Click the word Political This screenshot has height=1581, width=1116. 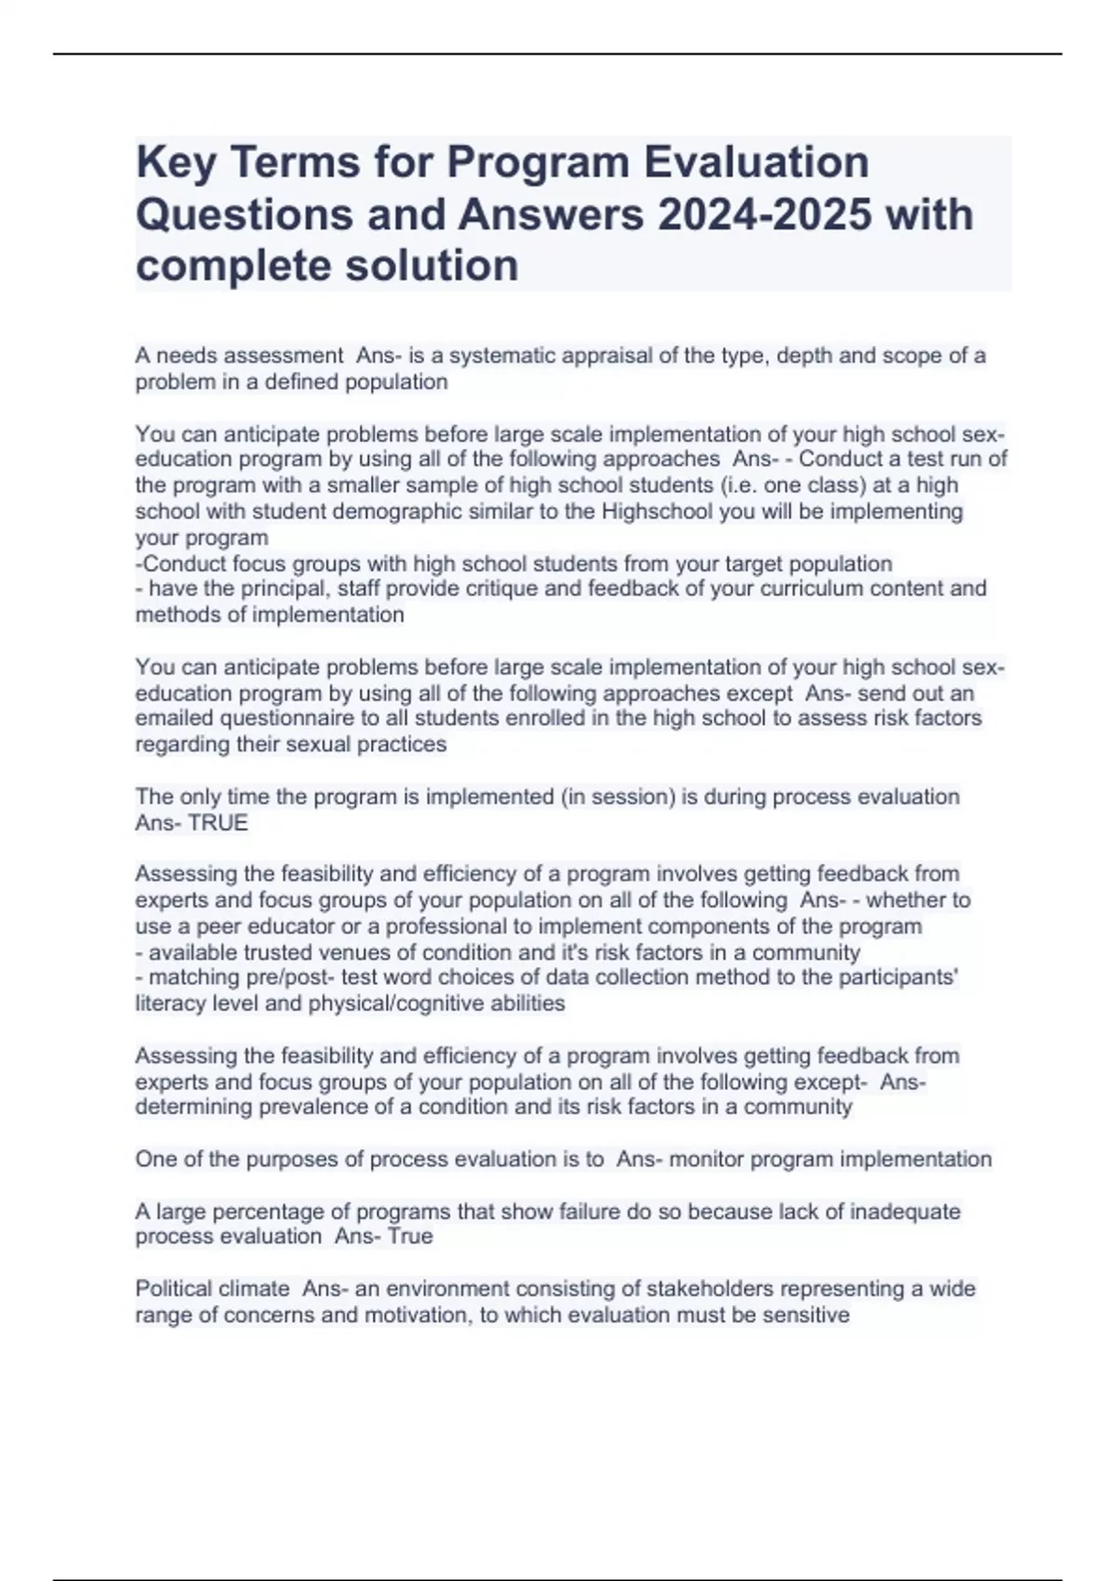(x=173, y=1289)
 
